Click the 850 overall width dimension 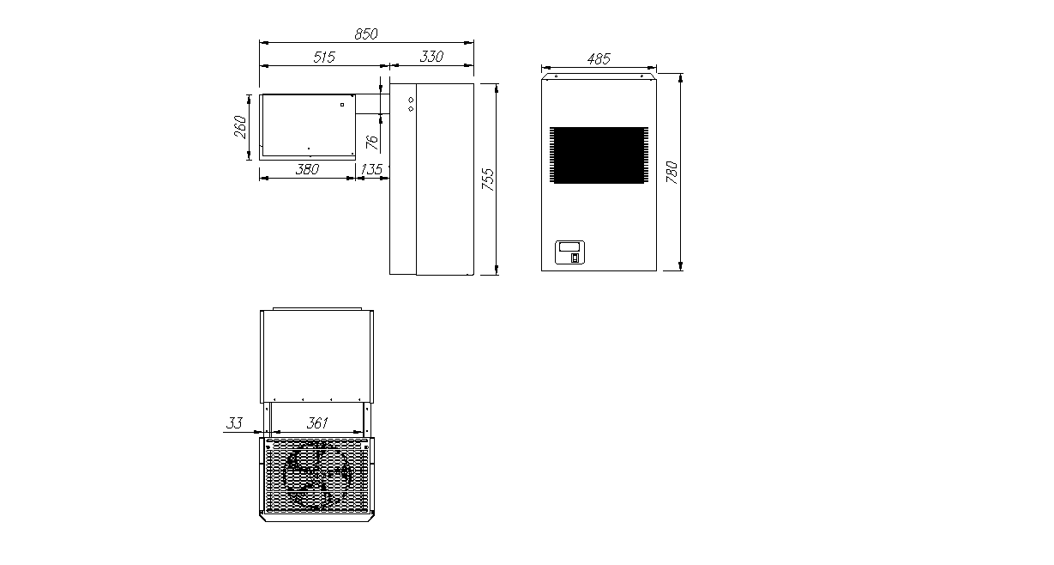point(366,34)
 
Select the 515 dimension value point(324,57)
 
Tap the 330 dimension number point(431,57)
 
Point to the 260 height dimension point(240,127)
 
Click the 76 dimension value point(371,143)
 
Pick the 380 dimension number point(307,169)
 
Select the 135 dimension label point(371,169)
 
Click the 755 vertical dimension point(489,179)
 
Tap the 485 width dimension point(599,59)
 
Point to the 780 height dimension point(672,173)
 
